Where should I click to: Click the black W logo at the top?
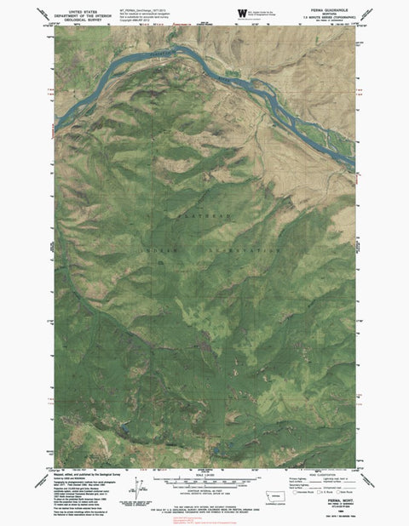tap(243, 12)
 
